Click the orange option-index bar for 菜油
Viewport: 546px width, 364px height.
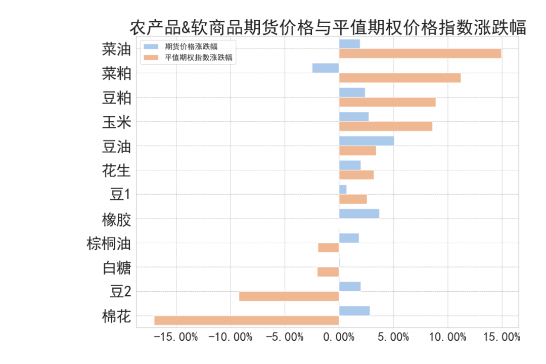pos(420,54)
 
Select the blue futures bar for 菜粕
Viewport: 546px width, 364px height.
pos(326,68)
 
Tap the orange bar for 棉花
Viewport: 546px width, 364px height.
pos(246,321)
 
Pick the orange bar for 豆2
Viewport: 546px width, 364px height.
pos(289,296)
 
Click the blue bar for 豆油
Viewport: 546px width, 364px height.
pos(366,141)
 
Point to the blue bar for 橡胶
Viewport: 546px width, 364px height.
pos(359,214)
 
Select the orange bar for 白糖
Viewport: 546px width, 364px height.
pos(328,272)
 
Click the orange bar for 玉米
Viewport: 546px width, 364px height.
pos(385,126)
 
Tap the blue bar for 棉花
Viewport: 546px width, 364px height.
pos(354,311)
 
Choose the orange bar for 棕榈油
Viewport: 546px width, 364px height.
pos(329,248)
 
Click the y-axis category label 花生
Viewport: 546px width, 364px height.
pos(116,171)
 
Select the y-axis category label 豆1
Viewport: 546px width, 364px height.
pos(120,195)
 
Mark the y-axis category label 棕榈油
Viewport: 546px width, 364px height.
pos(109,244)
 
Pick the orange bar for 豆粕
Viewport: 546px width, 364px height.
pos(387,102)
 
